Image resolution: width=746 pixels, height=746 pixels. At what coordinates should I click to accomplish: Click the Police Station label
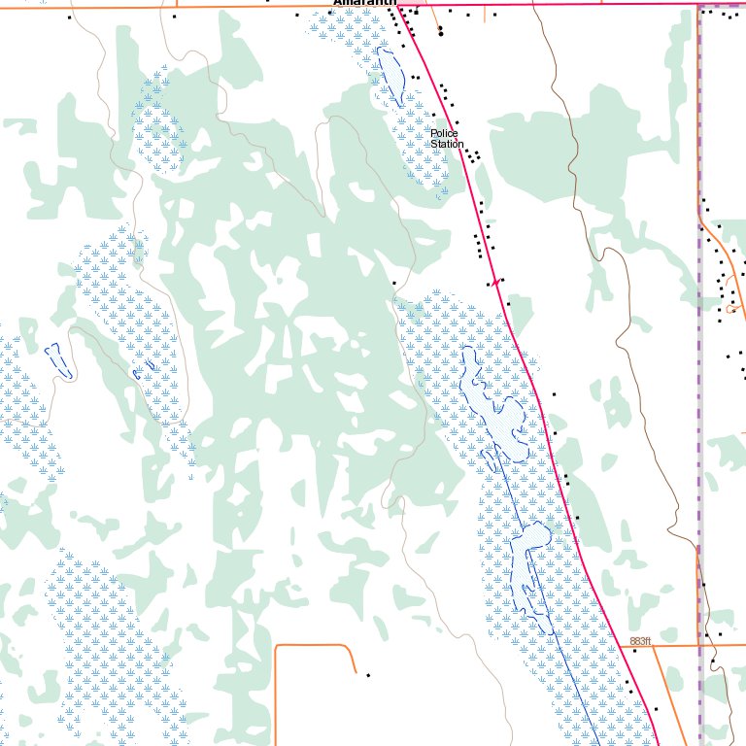click(448, 139)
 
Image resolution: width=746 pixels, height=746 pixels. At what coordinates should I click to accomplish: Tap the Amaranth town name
click(365, 4)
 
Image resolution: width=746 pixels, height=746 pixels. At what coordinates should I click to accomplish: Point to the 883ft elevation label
click(639, 641)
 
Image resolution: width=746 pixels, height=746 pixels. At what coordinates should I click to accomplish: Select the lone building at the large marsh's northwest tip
click(394, 283)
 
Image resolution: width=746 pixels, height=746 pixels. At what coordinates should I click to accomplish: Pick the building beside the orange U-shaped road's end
click(368, 674)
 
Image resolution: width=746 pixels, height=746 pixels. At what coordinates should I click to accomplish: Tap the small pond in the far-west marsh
click(58, 359)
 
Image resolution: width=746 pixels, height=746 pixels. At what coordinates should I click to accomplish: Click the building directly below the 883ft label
click(634, 652)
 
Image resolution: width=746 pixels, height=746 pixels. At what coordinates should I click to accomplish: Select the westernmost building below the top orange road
click(69, 17)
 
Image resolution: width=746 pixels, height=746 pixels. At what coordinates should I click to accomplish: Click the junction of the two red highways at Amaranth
click(398, 6)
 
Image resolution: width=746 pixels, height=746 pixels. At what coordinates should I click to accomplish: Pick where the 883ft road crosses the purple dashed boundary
click(700, 644)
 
